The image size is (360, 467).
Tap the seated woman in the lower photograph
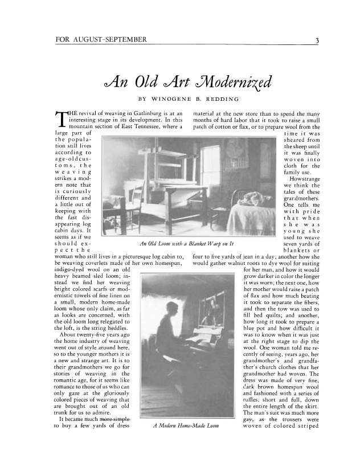point(165,336)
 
